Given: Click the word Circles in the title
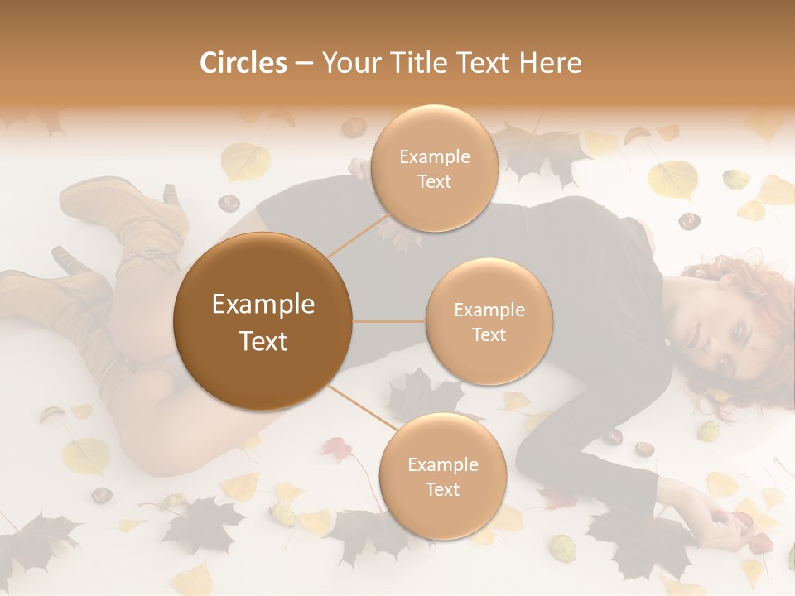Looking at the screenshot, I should click(243, 63).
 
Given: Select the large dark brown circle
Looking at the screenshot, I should click(263, 321).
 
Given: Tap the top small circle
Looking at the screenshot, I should click(435, 169).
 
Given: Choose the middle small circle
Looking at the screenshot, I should click(489, 321).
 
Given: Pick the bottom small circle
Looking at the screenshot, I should click(442, 476).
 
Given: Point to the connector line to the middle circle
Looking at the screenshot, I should click(388, 321).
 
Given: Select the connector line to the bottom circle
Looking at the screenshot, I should click(361, 411).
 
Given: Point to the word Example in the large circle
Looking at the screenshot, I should click(263, 305).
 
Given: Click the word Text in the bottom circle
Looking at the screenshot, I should click(442, 489).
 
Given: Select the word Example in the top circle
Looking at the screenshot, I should click(435, 156).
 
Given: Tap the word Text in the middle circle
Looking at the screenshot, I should click(489, 334).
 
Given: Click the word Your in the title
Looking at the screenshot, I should click(349, 63).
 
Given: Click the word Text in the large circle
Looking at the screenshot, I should click(263, 340).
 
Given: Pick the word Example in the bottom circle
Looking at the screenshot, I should click(442, 464).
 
